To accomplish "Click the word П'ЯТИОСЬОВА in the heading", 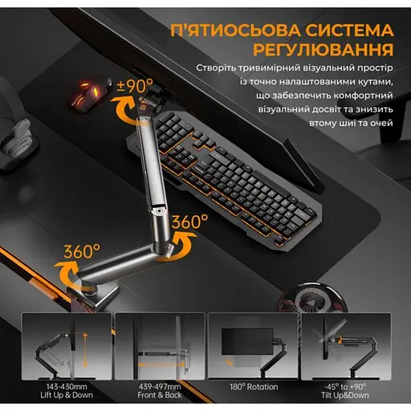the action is [236, 31].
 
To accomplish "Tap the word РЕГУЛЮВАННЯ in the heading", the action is [324, 49].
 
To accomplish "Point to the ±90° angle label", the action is [136, 85].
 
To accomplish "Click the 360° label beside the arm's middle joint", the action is [190, 222].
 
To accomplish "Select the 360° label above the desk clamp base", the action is [82, 251].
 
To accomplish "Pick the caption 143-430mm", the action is [67, 387].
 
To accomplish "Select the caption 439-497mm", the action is [160, 387].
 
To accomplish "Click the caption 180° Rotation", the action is [254, 387].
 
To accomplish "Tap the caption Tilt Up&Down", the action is [345, 395].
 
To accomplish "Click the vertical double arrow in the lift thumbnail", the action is [85, 349].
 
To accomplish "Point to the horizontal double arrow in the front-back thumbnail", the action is [161, 364].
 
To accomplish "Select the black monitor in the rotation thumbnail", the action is [247, 342].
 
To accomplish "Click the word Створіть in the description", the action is [216, 67].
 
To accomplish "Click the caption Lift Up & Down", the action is [67, 395].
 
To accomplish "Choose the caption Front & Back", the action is [160, 395].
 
